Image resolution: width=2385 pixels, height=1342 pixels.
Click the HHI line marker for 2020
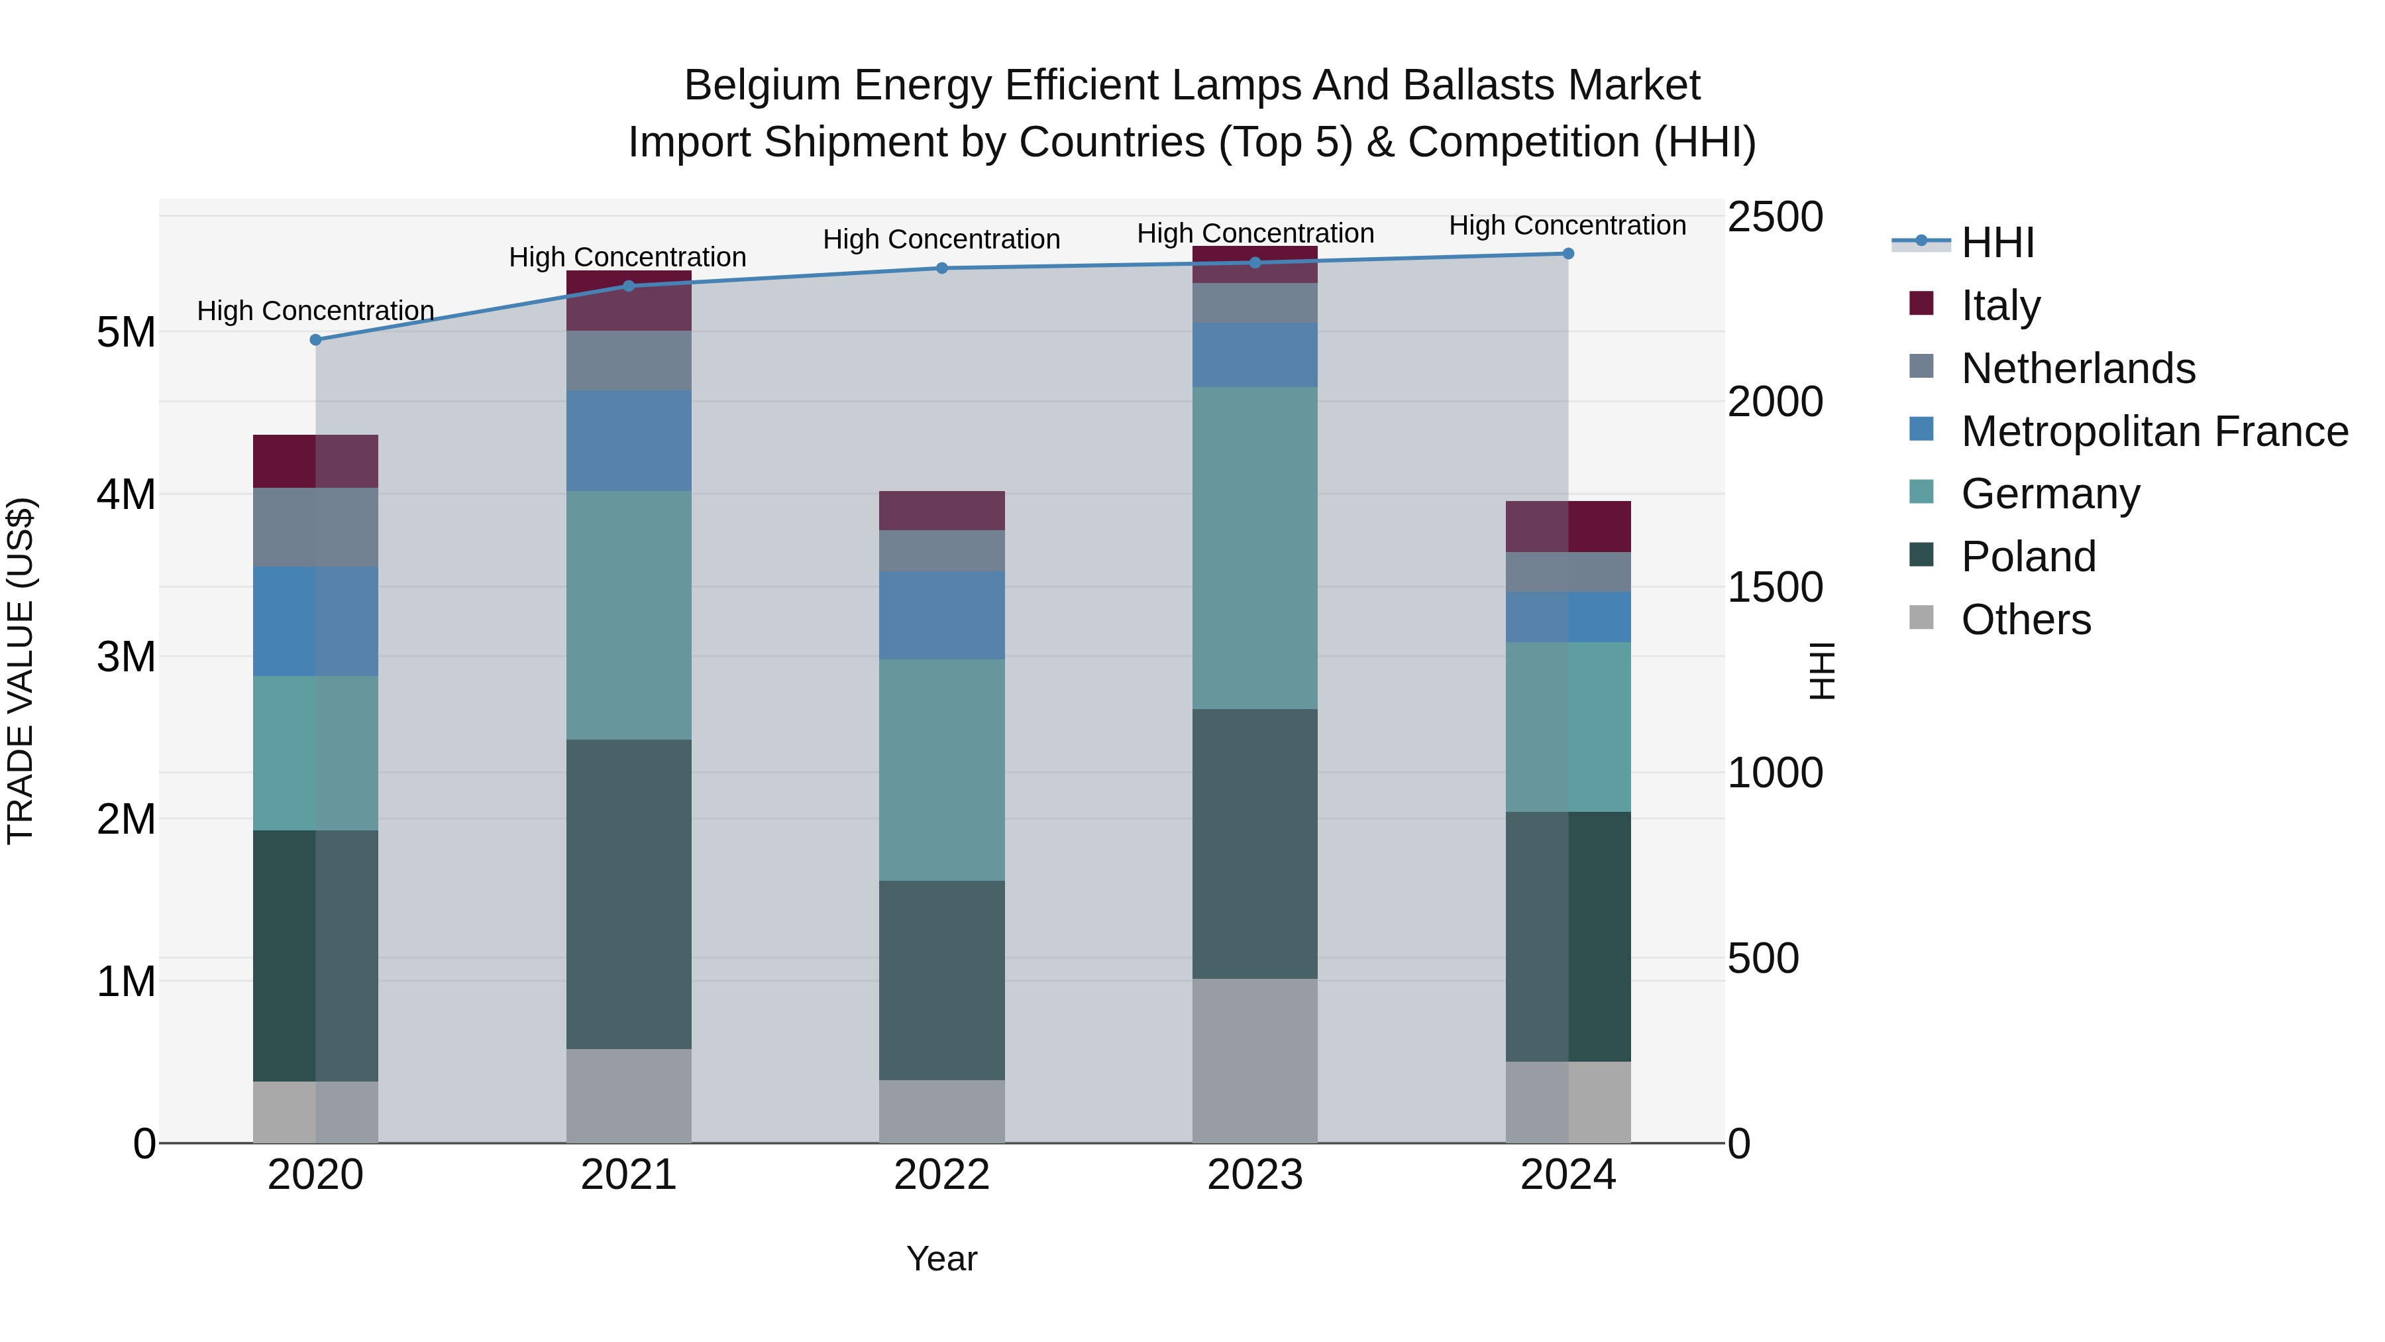(316, 340)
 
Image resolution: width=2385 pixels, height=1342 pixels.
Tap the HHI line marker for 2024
(1567, 254)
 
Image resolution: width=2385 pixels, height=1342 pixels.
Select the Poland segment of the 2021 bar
(629, 894)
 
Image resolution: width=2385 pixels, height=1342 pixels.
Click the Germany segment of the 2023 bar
(1255, 548)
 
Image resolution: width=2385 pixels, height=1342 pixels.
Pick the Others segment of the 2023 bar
(1255, 1060)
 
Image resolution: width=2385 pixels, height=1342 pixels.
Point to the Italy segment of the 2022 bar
(941, 510)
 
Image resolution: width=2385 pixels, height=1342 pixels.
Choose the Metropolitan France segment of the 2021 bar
(629, 441)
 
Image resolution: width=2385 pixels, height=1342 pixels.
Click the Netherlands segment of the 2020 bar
(316, 527)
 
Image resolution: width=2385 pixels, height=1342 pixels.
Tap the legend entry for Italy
(2000, 306)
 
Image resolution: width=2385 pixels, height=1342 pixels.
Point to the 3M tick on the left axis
(126, 657)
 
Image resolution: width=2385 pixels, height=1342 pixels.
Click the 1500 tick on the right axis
(1774, 587)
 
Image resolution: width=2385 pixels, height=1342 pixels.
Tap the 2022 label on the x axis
(941, 1175)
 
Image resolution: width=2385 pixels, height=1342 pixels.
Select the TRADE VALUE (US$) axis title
(21, 671)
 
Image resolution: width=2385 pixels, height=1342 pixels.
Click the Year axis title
(941, 1258)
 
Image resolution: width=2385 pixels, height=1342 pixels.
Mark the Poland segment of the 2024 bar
(1567, 936)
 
